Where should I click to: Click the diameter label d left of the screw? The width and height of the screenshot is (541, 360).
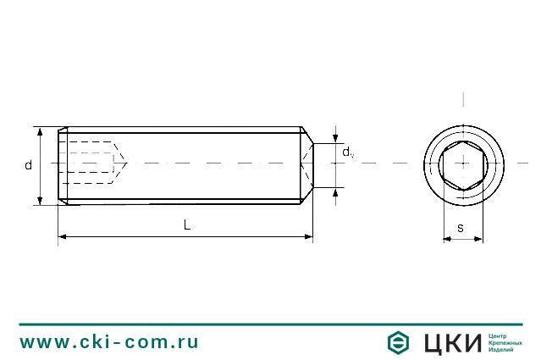point(28,165)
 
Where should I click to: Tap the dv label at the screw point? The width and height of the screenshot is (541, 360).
point(347,152)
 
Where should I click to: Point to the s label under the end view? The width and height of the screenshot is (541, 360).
point(460,227)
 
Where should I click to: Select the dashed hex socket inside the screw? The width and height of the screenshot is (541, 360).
point(91,162)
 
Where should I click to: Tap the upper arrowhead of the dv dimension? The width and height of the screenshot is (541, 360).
point(336,139)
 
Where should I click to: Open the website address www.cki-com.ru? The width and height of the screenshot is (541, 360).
point(109,342)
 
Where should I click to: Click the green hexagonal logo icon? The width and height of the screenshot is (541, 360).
point(399,343)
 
